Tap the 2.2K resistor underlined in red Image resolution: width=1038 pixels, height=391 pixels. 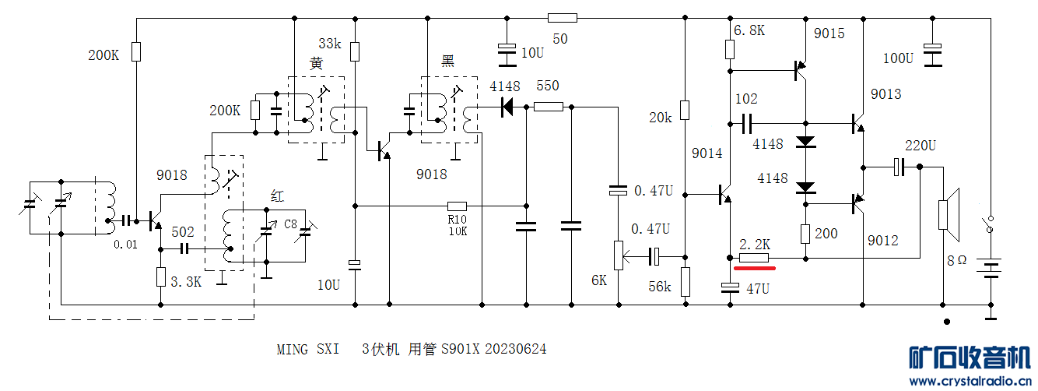coord(753,258)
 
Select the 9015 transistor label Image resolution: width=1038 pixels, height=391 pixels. coord(829,33)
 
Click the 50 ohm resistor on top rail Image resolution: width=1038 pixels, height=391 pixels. coord(562,18)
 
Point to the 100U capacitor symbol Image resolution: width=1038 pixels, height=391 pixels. coord(932,57)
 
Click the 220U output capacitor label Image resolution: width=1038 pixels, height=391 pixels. coord(921,146)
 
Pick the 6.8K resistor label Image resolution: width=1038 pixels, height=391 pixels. coord(749,30)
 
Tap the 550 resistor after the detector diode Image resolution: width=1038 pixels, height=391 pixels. coord(549,107)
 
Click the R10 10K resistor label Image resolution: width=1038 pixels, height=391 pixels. coord(457,225)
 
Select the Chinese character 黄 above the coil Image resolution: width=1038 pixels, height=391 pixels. coord(316,64)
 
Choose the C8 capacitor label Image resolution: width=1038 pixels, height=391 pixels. coord(290,224)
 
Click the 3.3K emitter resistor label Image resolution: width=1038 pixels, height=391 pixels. coord(185,281)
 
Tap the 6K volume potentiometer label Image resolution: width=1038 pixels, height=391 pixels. coord(598,280)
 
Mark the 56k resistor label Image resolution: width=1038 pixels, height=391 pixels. coord(661,287)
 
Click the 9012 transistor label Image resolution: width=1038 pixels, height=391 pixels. coord(883,241)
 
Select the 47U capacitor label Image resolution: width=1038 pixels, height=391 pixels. coord(759,288)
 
